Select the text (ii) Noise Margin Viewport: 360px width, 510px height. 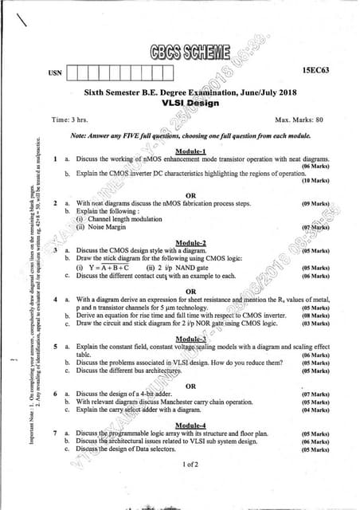[106, 226]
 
